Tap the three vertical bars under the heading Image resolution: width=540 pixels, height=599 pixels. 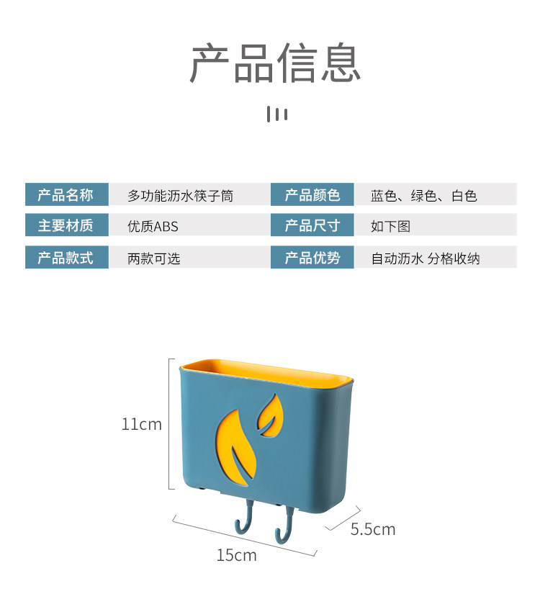[277, 114]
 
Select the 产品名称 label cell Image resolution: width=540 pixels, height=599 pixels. [66, 195]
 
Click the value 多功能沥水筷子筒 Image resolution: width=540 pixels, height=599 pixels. [180, 196]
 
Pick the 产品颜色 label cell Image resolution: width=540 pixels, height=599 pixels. [312, 195]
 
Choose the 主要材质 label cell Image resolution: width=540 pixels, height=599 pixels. [66, 226]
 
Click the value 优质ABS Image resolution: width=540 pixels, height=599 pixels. [153, 227]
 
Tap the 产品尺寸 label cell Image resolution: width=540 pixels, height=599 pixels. [312, 226]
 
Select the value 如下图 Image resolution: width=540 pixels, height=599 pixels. [390, 227]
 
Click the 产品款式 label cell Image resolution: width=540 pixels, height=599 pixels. [66, 258]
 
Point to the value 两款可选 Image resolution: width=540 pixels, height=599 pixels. [153, 258]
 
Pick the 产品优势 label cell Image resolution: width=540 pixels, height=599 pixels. [312, 258]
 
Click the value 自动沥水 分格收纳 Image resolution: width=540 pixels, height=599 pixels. [425, 258]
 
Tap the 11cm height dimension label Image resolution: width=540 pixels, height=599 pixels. [141, 425]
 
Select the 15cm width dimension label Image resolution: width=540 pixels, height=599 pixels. [236, 555]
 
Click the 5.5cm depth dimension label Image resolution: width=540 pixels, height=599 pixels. [373, 530]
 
